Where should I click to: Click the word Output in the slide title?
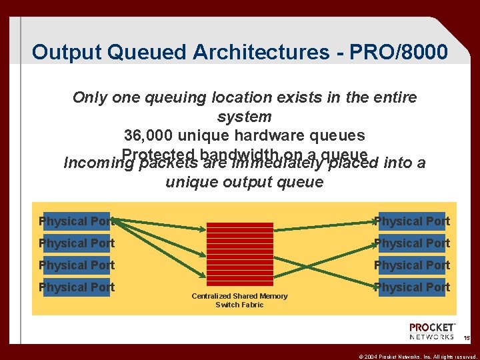point(62,52)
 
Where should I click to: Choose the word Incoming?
point(93,163)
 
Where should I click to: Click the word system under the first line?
point(245,117)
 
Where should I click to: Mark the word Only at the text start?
point(90,98)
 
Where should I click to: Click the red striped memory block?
point(240,254)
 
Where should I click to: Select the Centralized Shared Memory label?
point(240,296)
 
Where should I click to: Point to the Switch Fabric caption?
point(240,305)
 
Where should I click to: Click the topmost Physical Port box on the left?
point(76,221)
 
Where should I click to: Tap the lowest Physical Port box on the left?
point(76,287)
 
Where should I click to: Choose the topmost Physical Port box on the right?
point(412,221)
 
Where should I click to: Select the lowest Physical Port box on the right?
point(412,287)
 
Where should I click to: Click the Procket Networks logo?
point(432,331)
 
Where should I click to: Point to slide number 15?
point(467,339)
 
